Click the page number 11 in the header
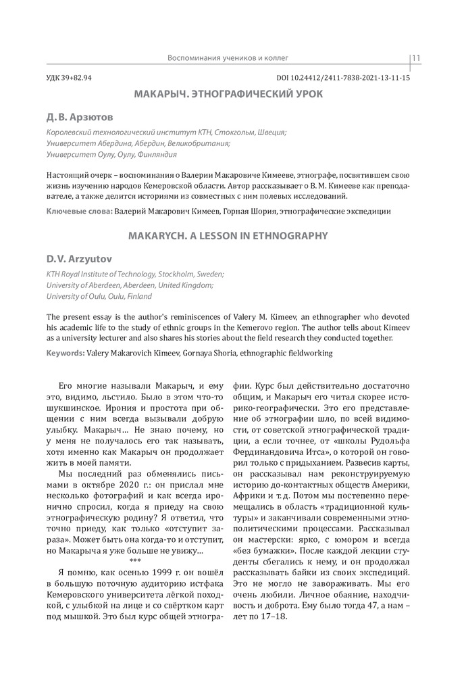point(416,58)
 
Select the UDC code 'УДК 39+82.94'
point(69,78)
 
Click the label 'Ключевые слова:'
point(79,212)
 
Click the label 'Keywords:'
point(66,353)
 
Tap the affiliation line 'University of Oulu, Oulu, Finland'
point(99,296)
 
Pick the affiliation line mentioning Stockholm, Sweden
point(135,274)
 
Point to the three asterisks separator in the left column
point(134,561)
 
